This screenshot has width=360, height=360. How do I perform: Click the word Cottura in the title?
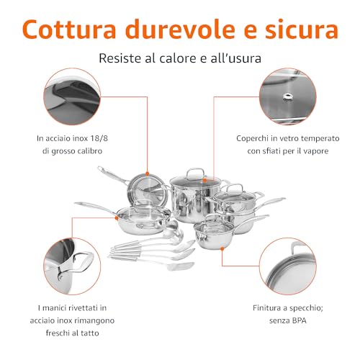69,30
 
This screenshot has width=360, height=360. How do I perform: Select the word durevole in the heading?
180,30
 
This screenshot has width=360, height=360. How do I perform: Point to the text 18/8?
99,138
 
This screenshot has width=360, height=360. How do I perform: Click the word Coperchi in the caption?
252,139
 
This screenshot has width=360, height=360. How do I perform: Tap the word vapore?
316,151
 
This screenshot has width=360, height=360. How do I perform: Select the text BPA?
300,320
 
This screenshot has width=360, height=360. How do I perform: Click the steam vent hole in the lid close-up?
287,96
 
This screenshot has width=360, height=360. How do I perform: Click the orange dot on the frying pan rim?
147,174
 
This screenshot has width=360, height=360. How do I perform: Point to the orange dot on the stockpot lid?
204,179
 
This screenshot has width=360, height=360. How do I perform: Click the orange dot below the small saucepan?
222,249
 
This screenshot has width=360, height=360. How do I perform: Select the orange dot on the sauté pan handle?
117,218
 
